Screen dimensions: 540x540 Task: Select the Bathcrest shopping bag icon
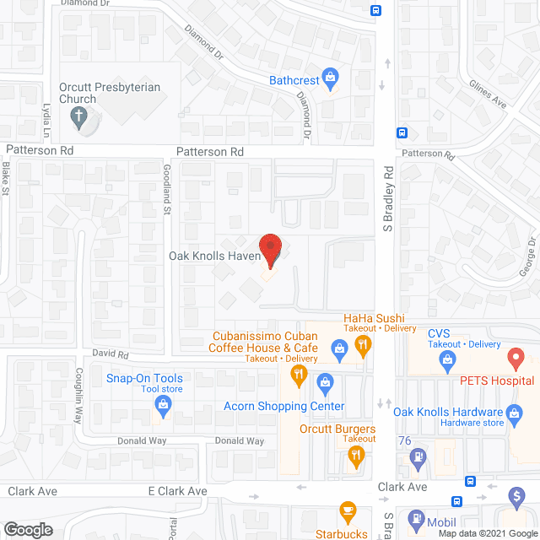pyautogui.click(x=332, y=81)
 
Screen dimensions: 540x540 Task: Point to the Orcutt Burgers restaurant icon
pyautogui.click(x=356, y=457)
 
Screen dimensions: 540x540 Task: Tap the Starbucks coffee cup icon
pyautogui.click(x=346, y=511)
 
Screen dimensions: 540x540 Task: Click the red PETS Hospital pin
pyautogui.click(x=516, y=359)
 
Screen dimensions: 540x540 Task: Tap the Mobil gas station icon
pyautogui.click(x=415, y=519)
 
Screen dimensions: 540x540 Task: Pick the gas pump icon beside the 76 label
pyautogui.click(x=416, y=458)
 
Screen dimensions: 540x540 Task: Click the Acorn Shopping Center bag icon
pyautogui.click(x=324, y=385)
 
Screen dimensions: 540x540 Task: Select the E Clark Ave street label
pyautogui.click(x=177, y=491)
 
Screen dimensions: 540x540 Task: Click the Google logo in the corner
pyautogui.click(x=27, y=529)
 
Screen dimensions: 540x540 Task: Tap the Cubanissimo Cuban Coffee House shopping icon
pyautogui.click(x=339, y=347)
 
